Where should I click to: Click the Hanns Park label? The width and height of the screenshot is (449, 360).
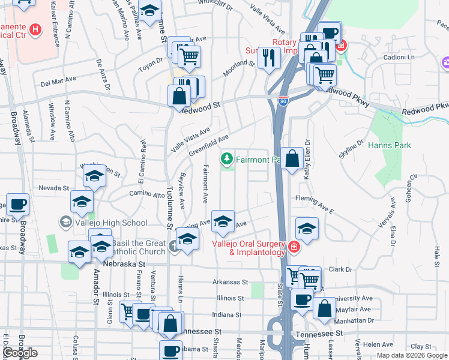(389, 145)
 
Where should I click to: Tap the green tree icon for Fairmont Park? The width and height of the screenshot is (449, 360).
(227, 159)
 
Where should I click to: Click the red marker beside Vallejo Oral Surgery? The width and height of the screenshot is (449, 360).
(294, 247)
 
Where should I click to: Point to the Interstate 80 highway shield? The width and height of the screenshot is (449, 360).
(283, 101)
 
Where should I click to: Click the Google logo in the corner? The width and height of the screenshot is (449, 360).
(20, 353)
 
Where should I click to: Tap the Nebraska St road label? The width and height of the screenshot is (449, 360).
(124, 263)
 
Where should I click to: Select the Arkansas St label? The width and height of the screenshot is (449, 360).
(230, 281)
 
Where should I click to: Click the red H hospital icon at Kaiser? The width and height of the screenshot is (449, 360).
(35, 29)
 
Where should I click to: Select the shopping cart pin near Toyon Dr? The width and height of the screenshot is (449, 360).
(190, 56)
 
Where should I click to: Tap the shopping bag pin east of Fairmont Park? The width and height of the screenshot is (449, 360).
(292, 159)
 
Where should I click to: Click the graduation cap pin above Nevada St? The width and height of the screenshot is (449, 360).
(94, 176)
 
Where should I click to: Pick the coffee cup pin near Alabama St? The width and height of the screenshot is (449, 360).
(171, 351)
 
